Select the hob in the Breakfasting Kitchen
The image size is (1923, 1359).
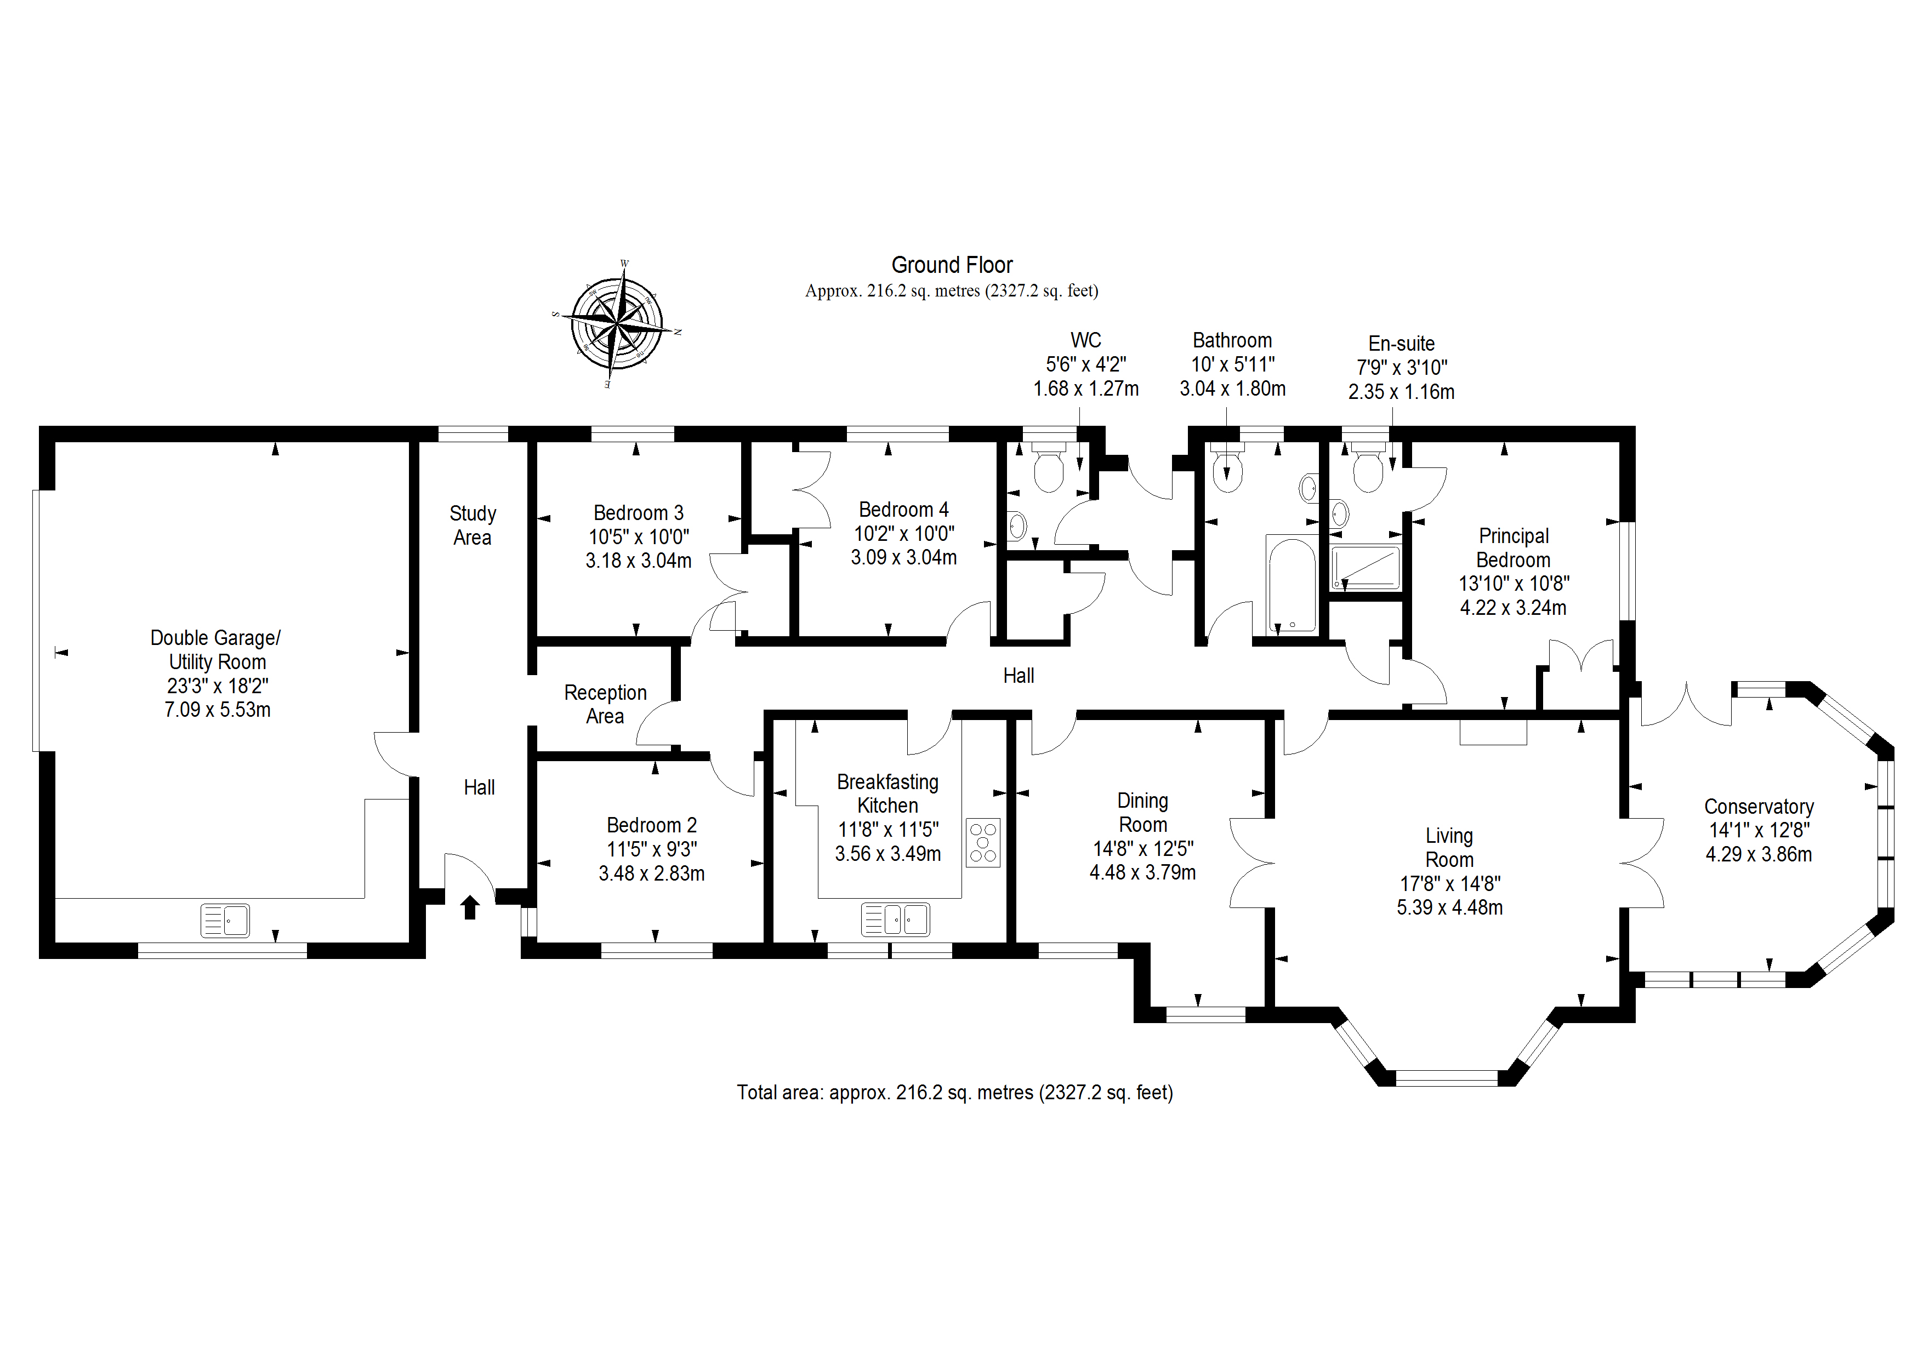tap(983, 842)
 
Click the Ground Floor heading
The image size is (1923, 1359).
tap(952, 265)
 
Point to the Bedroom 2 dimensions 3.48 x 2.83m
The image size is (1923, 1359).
tap(652, 873)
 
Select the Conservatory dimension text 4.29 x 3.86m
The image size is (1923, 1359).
tap(1759, 854)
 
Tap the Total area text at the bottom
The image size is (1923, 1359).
tap(955, 1093)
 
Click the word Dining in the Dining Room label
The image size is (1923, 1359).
tap(1142, 801)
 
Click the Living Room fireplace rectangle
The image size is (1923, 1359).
tap(1493, 733)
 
